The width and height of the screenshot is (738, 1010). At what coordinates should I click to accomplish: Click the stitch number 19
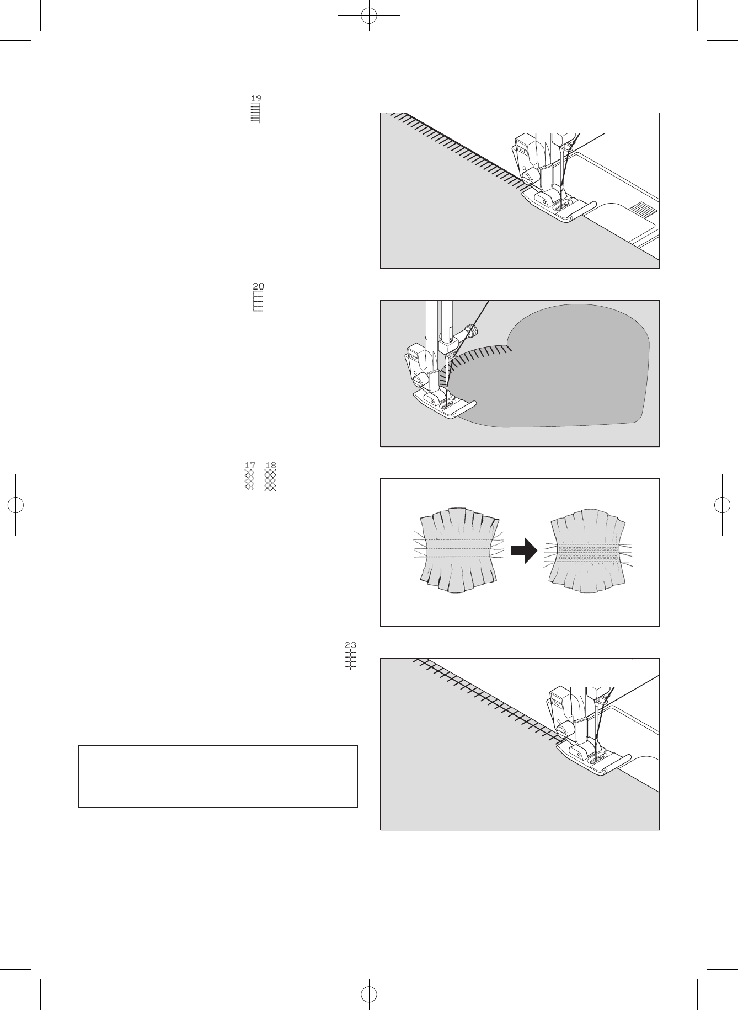256,98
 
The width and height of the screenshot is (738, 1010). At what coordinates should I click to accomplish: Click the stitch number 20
258,286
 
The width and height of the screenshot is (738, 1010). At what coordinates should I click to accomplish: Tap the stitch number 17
250,466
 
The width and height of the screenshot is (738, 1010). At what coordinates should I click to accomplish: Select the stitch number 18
270,466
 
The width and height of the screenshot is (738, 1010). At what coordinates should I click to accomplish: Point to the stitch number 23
351,644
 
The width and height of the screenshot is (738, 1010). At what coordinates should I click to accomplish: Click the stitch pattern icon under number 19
255,113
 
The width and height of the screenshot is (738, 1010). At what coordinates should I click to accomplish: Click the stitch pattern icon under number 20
258,302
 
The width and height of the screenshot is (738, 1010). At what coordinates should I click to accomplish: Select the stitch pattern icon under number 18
270,480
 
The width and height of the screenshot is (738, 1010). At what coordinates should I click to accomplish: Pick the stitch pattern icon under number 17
249,480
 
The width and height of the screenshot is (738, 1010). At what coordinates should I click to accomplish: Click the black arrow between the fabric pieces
524,551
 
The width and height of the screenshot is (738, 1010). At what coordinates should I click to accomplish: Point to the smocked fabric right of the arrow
588,552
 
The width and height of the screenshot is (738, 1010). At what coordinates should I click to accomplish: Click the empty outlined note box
218,776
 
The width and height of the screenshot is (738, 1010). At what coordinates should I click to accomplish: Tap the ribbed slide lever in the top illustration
640,210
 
